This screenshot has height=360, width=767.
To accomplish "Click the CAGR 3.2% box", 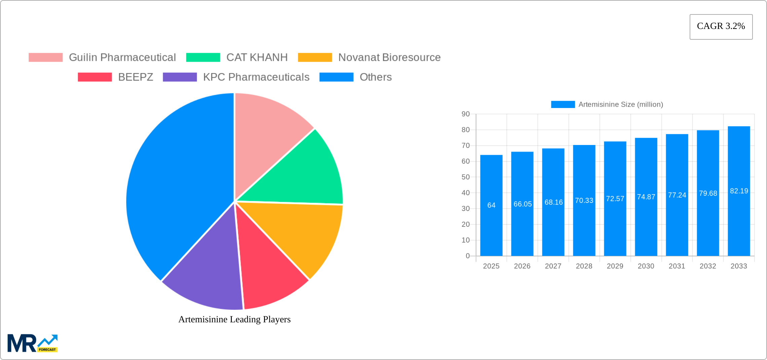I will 721,27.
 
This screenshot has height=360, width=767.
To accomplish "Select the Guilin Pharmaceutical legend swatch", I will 46,58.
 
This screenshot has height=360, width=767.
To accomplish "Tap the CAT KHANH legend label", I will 257,58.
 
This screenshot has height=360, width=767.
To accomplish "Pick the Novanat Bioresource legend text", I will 389,58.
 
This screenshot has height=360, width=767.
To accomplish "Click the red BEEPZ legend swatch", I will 95,77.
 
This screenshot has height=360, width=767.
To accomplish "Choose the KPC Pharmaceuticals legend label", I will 256,77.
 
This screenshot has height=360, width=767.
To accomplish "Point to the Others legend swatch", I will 336,77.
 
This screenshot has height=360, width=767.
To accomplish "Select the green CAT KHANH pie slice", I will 303,172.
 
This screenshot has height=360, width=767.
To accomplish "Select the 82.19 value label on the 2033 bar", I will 739,191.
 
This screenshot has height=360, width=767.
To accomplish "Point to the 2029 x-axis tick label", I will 615,266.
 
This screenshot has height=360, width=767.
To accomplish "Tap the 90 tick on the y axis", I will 466,114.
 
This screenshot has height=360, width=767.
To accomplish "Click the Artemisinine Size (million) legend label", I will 621,105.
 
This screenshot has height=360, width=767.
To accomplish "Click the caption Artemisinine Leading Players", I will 234,319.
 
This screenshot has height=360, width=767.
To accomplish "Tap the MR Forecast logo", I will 33,343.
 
